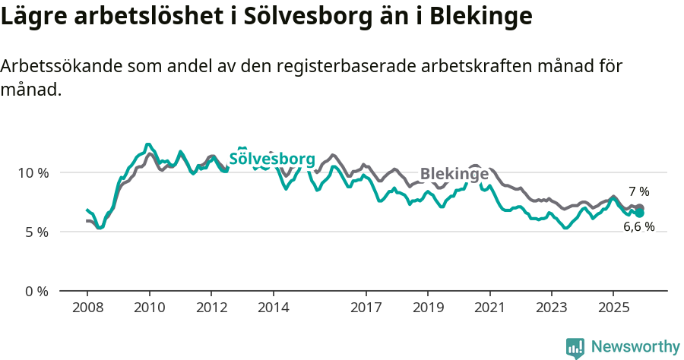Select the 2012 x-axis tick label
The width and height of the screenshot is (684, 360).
point(211,308)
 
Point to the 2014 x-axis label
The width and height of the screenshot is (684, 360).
point(273,308)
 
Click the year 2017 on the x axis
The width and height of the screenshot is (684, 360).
point(366,308)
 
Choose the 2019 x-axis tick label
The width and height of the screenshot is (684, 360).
point(428,308)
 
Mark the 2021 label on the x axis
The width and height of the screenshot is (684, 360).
point(489,308)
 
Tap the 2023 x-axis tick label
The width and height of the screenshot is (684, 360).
point(552,308)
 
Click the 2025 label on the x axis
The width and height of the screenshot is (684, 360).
point(613,308)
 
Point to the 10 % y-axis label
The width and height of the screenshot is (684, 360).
point(33,172)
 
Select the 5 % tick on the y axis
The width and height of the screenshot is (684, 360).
point(36,232)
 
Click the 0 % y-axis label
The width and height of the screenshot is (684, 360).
point(36,291)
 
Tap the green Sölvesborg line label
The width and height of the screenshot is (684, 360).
point(272,159)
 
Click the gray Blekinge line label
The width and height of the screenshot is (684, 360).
point(454,173)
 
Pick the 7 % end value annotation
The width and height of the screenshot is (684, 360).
point(638,191)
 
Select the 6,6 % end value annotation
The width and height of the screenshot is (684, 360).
point(639,226)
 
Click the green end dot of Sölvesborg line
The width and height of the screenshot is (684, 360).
point(640,213)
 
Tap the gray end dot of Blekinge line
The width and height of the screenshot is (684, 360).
point(640,208)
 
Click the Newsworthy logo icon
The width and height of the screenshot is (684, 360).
point(575,347)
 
